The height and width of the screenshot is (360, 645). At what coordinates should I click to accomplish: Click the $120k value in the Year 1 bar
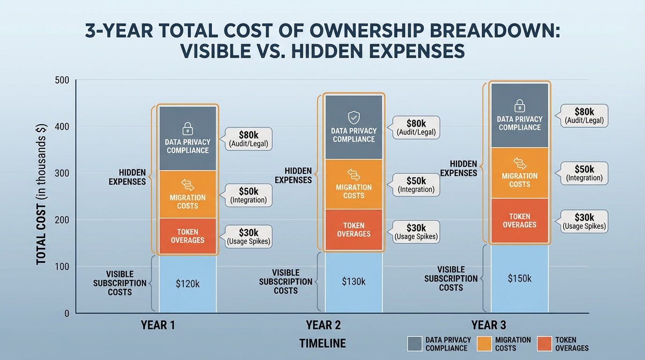[187, 284]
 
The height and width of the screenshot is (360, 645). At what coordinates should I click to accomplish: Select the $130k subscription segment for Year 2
[353, 282]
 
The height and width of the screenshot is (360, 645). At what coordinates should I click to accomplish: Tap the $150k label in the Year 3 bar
[519, 278]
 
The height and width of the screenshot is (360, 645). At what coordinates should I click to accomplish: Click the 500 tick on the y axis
[62, 80]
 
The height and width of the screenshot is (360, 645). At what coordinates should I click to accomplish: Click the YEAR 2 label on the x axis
[323, 325]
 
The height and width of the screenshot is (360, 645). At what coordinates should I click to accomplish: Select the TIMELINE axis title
[322, 344]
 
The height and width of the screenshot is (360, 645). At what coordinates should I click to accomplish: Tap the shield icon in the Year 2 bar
[353, 117]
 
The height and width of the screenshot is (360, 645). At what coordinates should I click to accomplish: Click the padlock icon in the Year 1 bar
[187, 128]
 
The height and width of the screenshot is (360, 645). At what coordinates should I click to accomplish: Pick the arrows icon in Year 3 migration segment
[519, 164]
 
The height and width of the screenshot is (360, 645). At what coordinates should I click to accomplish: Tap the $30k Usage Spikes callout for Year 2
[416, 232]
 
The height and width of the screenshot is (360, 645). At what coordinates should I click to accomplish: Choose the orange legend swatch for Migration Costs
[484, 344]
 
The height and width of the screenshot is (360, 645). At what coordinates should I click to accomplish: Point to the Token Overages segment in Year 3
[519, 221]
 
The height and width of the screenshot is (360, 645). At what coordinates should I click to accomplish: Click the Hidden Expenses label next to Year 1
[127, 177]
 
